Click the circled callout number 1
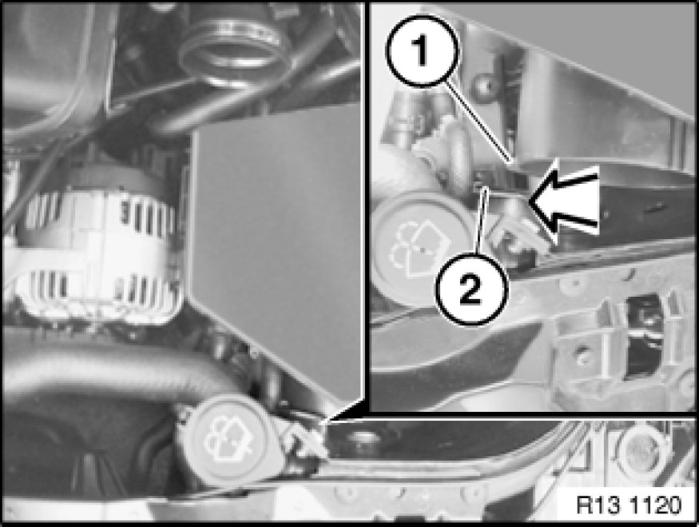point(421,51)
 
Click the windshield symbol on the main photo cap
point(228,439)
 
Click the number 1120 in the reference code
point(656,505)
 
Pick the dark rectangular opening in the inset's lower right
point(643,335)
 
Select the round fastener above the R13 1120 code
point(639,452)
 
